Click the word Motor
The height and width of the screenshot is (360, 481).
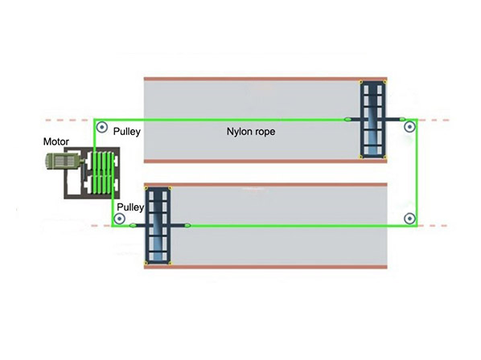coord(55,141)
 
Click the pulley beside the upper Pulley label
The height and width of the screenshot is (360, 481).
coord(102,126)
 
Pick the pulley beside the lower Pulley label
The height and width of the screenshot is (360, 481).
coord(119,219)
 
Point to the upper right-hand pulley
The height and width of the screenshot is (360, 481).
coord(409,126)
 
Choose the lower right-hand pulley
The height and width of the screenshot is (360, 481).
coord(409,219)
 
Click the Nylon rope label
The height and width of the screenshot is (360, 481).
coord(251,132)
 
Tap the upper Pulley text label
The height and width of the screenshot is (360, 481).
coord(127,132)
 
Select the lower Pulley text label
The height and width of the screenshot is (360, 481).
coord(130,207)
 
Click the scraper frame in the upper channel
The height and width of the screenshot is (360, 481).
coord(372,120)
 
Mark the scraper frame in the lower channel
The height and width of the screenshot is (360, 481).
coord(158,226)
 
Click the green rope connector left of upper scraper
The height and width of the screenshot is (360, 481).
coord(347,119)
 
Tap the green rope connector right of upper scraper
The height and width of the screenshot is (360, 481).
coord(402,119)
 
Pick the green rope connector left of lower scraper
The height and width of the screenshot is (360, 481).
coord(133,226)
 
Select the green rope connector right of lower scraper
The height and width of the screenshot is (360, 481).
coord(187,226)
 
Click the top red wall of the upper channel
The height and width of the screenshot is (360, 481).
coord(265,79)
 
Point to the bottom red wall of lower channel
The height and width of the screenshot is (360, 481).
coord(265,267)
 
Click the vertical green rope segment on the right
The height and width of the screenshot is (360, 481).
coord(417,173)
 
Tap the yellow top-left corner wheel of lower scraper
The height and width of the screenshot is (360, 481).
coord(146,188)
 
